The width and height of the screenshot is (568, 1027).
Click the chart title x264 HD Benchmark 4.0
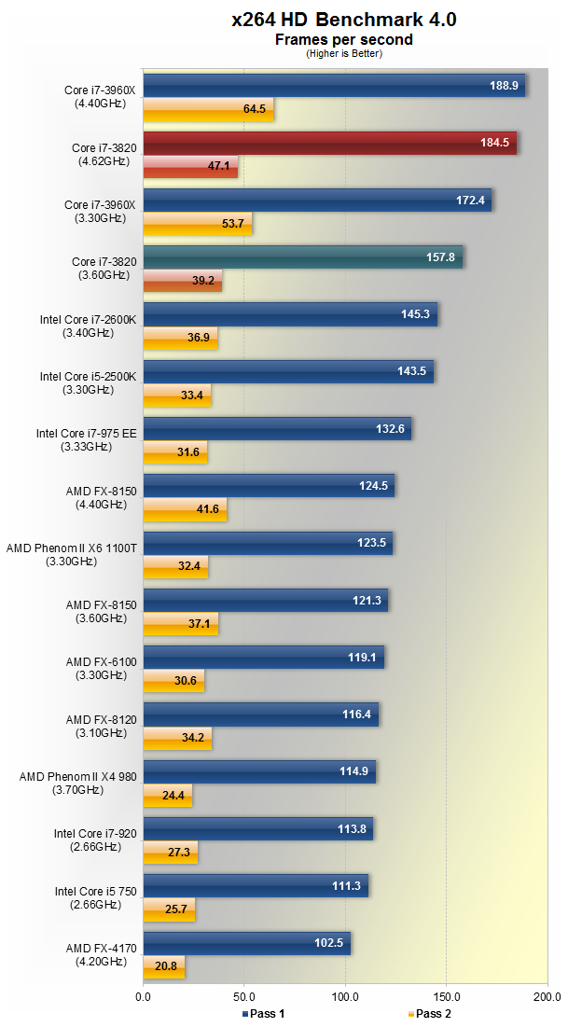344,20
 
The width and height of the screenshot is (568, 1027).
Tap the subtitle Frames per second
344,40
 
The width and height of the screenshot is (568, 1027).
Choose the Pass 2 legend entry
430,1013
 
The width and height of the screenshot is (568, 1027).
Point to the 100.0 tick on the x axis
345,997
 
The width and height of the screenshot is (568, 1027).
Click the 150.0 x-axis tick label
446,997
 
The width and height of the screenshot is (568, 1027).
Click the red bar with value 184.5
329,143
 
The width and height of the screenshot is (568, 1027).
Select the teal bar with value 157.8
302,257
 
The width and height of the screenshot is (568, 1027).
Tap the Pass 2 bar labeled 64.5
208,109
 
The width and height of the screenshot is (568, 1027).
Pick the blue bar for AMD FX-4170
246,943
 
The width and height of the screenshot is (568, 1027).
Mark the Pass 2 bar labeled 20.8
163,966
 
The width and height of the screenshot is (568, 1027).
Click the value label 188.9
504,85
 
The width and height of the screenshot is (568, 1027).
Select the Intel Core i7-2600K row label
88,325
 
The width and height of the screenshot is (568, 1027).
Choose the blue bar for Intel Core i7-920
257,828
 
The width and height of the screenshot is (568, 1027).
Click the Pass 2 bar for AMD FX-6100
173,681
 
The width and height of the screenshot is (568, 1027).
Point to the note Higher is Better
344,53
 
